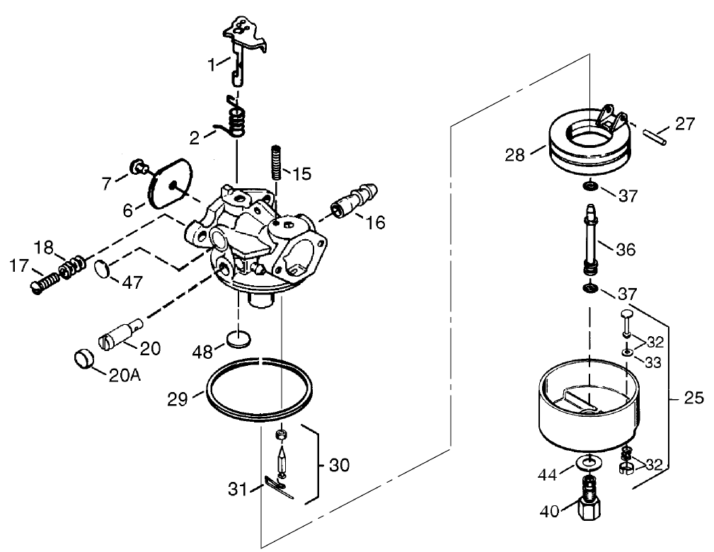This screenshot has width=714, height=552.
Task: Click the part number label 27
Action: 684,125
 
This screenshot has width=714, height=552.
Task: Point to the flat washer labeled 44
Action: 587,463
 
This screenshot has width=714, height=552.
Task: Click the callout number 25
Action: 695,398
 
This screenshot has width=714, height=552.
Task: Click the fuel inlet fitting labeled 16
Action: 355,200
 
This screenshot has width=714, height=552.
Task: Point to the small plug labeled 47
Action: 103,269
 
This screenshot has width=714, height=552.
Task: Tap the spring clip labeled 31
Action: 279,487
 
